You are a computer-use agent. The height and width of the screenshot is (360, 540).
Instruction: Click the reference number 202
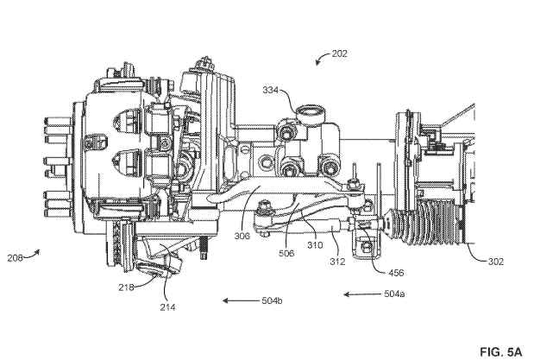click(x=340, y=54)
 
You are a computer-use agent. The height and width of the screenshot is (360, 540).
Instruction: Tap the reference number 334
click(x=270, y=90)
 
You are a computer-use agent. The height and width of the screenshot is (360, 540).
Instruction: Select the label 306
click(x=242, y=237)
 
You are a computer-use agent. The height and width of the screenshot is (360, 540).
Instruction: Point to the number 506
click(x=286, y=254)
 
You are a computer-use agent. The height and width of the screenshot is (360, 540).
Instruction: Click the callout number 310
click(x=315, y=245)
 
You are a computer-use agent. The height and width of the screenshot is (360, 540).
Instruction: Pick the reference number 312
click(x=337, y=262)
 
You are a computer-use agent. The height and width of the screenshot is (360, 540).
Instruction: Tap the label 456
click(x=396, y=273)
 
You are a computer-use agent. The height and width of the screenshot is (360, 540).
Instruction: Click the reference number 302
click(x=495, y=262)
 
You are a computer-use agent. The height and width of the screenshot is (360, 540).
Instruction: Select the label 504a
click(x=394, y=294)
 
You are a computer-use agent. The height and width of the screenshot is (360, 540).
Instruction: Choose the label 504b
click(x=272, y=300)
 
